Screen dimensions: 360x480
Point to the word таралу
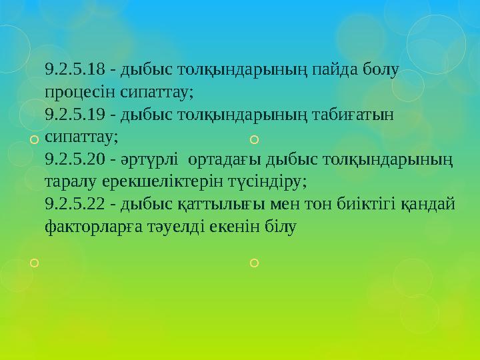(70, 182)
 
